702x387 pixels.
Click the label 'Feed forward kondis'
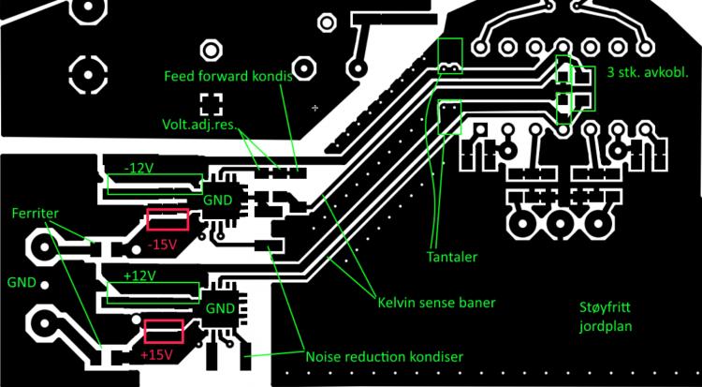[227, 76]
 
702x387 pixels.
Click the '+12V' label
[139, 276]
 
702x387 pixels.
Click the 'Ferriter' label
[34, 214]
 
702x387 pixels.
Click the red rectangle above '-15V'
[168, 220]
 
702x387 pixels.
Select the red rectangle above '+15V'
[163, 332]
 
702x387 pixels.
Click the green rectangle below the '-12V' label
[154, 185]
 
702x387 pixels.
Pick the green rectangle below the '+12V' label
[154, 293]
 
